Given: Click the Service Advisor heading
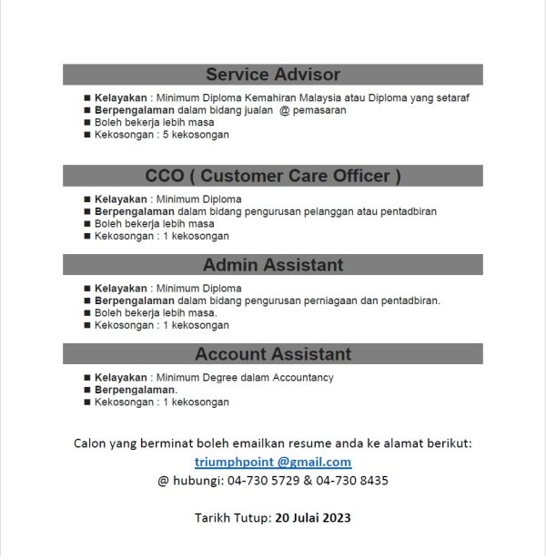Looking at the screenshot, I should click(273, 75).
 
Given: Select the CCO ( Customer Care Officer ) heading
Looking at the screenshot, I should click(273, 176).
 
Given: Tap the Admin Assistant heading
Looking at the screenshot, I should click(273, 265).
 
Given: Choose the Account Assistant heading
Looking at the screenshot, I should click(273, 354).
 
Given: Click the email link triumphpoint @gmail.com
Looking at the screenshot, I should click(273, 462).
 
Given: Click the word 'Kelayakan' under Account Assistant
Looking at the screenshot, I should click(121, 377).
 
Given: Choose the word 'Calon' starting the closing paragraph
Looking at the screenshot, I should click(90, 443).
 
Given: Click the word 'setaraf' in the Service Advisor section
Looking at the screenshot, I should click(451, 97).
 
